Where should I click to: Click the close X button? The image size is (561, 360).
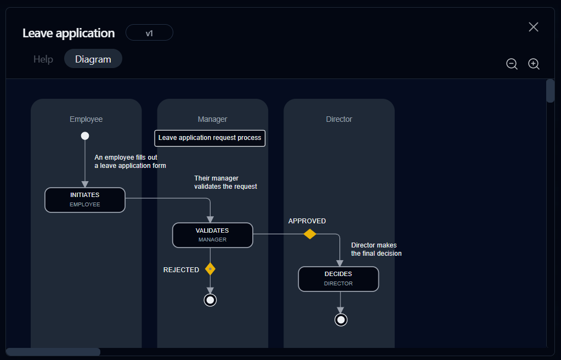(534, 27)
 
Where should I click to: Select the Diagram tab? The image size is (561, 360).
(93, 59)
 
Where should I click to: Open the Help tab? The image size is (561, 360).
(43, 59)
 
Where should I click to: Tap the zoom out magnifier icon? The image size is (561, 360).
(512, 64)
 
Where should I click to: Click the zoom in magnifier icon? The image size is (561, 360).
(534, 64)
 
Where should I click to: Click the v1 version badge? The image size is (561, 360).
(149, 33)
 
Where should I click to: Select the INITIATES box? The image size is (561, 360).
(85, 200)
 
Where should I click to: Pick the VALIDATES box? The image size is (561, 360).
(212, 235)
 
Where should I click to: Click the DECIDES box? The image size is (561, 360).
(338, 279)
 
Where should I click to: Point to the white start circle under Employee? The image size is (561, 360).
(85, 136)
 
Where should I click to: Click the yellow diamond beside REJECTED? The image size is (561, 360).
(210, 269)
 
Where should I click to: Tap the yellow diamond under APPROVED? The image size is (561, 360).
(310, 234)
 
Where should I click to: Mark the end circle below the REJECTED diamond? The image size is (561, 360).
(210, 300)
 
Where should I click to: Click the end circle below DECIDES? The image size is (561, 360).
(341, 319)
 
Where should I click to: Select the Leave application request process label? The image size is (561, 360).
(210, 138)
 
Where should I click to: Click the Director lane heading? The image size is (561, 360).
(339, 119)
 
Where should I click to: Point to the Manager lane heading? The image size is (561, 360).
(212, 119)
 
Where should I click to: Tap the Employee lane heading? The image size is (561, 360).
(86, 119)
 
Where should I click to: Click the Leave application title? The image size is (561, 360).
(69, 33)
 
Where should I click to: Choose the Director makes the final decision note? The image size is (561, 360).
(377, 250)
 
